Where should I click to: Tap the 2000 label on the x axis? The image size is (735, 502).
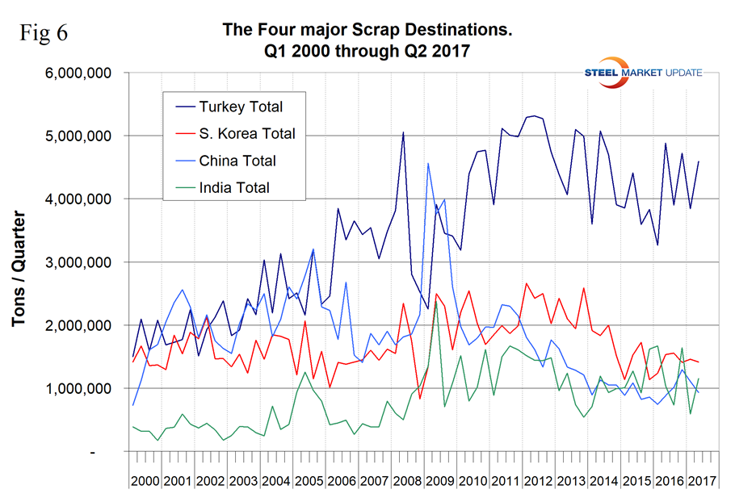[145, 481]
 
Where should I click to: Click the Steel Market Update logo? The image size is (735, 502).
[643, 72]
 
